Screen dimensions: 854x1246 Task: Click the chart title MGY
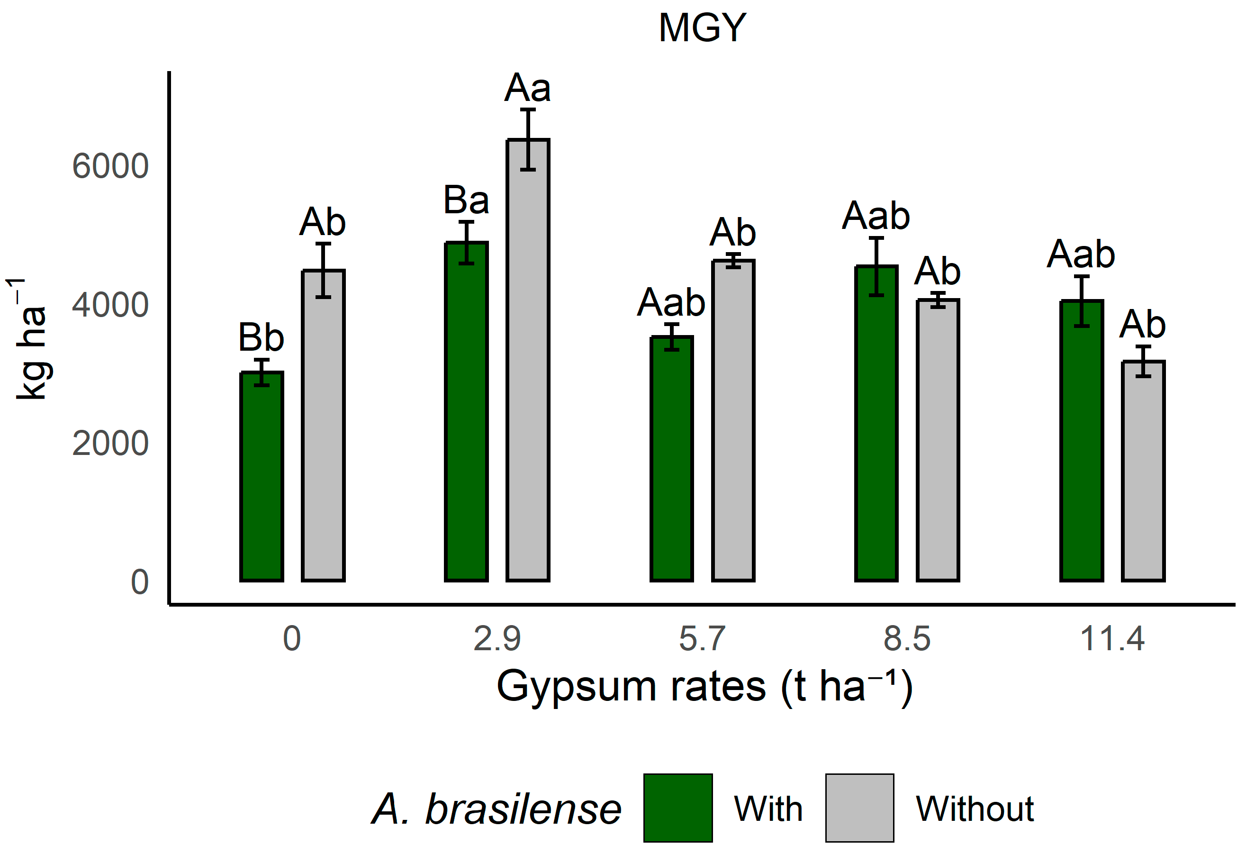pyautogui.click(x=702, y=28)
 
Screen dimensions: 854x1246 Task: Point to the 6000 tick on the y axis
pyautogui.click(x=110, y=166)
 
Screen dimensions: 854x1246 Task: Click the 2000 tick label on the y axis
pyautogui.click(x=110, y=444)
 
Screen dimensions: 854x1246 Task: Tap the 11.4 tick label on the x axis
pyautogui.click(x=1112, y=639)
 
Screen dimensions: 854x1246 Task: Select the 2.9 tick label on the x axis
pyautogui.click(x=497, y=639)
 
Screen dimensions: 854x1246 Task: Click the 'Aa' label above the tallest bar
pyautogui.click(x=528, y=88)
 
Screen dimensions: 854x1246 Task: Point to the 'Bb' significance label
pyautogui.click(x=261, y=338)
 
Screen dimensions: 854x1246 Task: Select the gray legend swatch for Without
pyautogui.click(x=859, y=808)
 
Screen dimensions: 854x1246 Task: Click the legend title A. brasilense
pyautogui.click(x=497, y=809)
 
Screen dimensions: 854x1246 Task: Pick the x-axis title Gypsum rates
pyautogui.click(x=704, y=686)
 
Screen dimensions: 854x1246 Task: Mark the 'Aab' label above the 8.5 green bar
pyautogui.click(x=876, y=216)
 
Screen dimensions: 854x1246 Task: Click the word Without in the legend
pyautogui.click(x=975, y=809)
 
